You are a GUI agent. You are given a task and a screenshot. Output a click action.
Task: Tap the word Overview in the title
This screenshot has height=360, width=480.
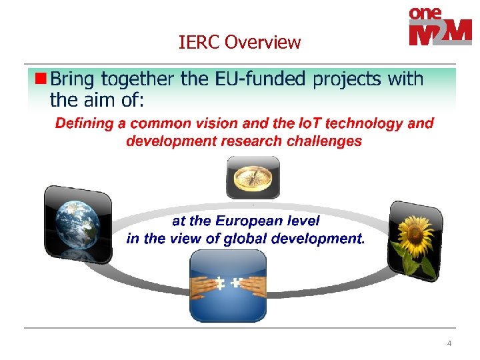pyautogui.click(x=263, y=43)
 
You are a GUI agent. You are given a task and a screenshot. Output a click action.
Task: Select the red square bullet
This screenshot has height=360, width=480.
pyautogui.click(x=41, y=79)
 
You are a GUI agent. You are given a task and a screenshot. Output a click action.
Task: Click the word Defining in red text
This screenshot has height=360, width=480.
pyautogui.click(x=90, y=123)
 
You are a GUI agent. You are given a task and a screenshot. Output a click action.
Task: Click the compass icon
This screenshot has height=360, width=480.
pyautogui.click(x=253, y=177)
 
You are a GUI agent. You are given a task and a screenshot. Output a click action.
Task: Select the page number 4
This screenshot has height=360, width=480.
pyautogui.click(x=449, y=343)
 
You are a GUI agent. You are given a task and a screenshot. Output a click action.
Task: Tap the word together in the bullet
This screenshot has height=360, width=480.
pyautogui.click(x=138, y=79)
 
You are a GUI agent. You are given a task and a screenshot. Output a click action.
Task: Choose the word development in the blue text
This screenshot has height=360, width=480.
pyautogui.click(x=319, y=239)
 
